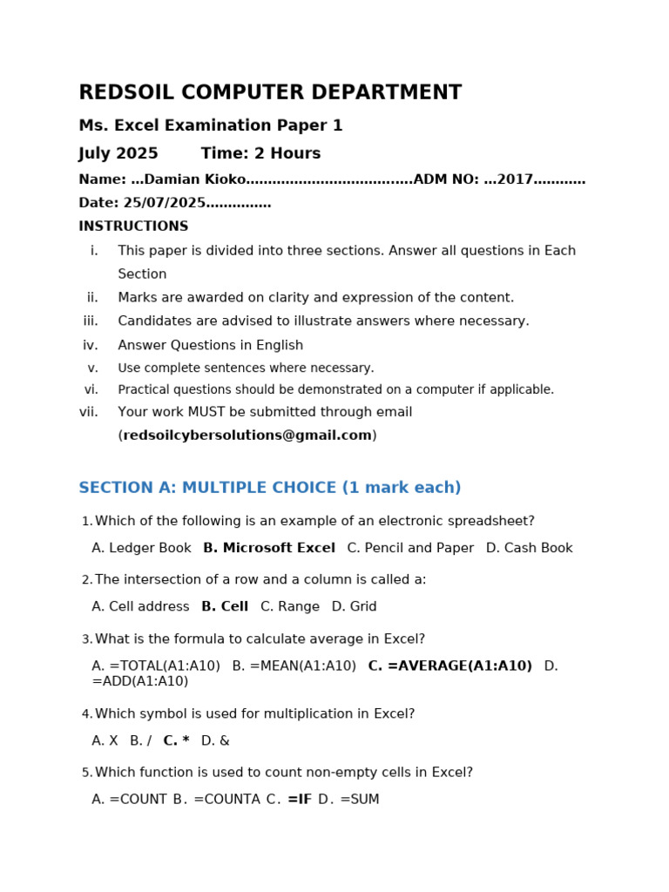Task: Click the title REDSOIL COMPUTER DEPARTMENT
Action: click(x=270, y=93)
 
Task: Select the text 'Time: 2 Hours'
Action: click(x=260, y=154)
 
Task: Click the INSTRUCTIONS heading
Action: click(x=133, y=226)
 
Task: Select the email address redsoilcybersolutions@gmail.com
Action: click(x=247, y=436)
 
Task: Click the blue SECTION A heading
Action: click(x=269, y=488)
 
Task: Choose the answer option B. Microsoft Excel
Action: click(x=268, y=549)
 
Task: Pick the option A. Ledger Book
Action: click(x=141, y=549)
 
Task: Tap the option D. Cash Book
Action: click(x=529, y=549)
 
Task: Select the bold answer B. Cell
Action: click(x=225, y=607)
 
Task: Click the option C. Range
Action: click(x=289, y=607)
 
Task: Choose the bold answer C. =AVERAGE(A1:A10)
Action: click(x=449, y=666)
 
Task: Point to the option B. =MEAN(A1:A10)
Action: click(x=294, y=666)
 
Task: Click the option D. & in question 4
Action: click(x=215, y=741)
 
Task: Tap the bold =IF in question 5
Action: click(x=299, y=800)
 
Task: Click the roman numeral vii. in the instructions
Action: click(x=89, y=412)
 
